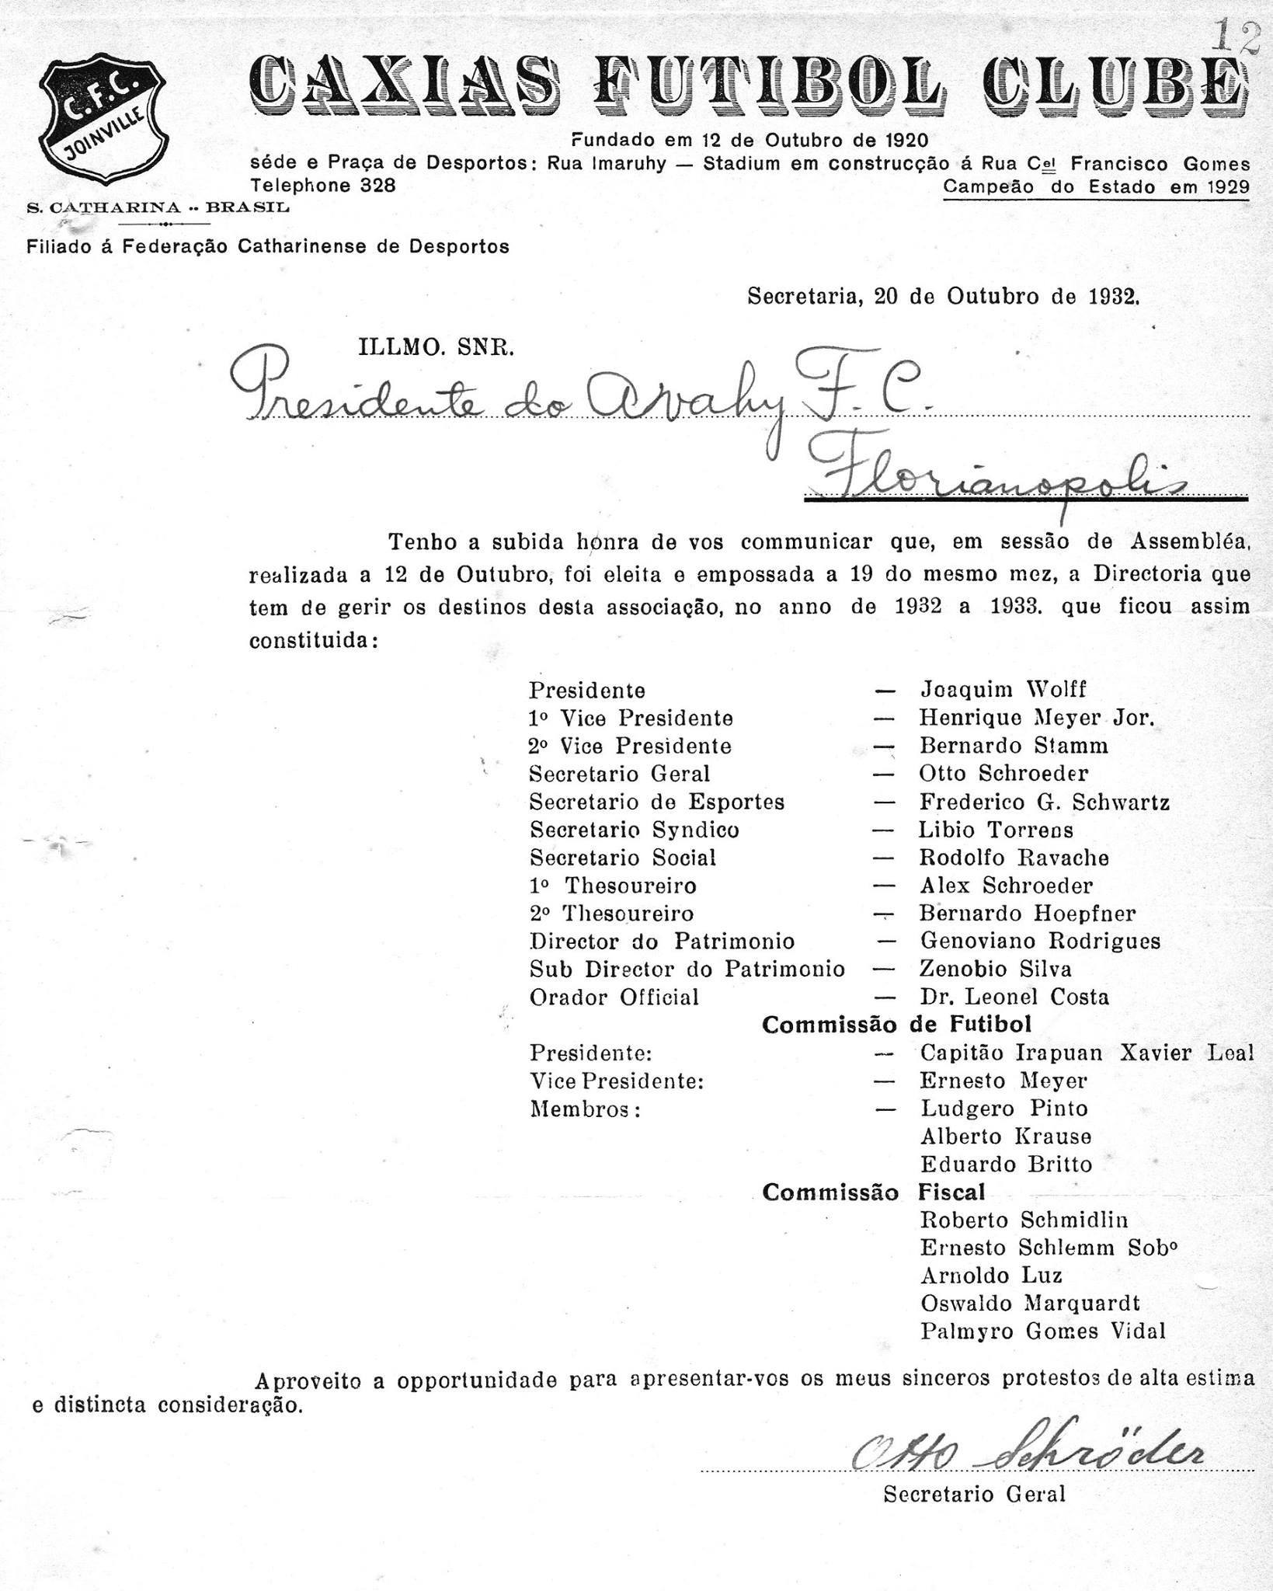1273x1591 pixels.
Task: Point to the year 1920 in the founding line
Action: (906, 141)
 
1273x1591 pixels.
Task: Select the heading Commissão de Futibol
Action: (897, 1025)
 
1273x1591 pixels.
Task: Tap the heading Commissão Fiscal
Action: (874, 1192)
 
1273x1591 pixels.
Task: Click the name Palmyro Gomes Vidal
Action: (1043, 1332)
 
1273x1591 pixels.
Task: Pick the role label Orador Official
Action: (614, 997)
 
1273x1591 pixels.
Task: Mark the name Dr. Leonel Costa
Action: (1014, 997)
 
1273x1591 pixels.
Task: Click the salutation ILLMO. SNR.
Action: (436, 348)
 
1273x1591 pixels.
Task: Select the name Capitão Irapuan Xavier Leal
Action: (1087, 1053)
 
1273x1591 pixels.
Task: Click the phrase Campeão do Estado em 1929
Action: (1096, 187)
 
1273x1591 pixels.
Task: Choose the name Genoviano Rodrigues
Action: (1040, 941)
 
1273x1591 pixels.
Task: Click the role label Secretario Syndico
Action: (634, 830)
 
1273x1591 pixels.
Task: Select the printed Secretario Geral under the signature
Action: (974, 1494)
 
